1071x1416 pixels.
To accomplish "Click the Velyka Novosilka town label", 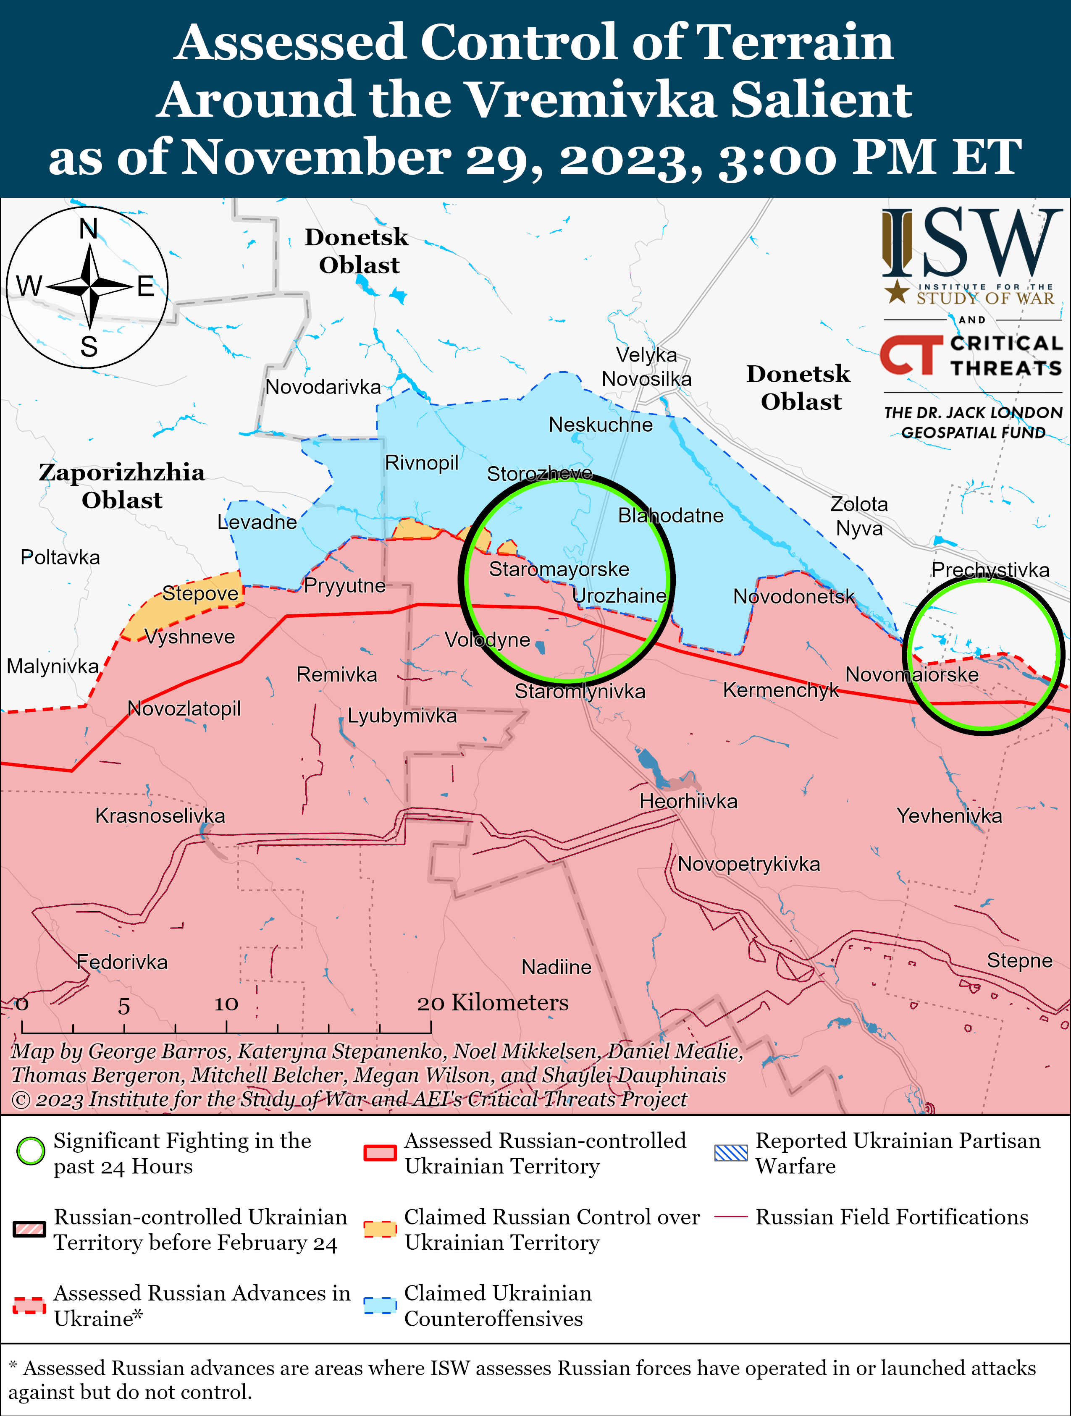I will click(x=646, y=367).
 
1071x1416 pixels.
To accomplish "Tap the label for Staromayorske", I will click(x=559, y=569).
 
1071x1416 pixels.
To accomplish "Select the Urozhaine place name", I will click(x=619, y=595).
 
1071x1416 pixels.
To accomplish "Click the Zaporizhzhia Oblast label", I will click(x=122, y=486).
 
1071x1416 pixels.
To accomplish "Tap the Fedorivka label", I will click(x=122, y=962).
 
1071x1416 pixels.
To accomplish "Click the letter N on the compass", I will click(x=88, y=228).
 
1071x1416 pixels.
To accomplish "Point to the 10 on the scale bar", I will click(x=226, y=1004).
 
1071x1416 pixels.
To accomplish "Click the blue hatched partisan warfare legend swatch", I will click(x=730, y=1152).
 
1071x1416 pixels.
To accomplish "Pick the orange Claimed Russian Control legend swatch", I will click(x=380, y=1229).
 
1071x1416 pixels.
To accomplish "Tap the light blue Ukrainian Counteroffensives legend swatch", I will click(x=380, y=1305).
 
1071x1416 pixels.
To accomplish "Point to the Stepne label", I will click(x=1019, y=960).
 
